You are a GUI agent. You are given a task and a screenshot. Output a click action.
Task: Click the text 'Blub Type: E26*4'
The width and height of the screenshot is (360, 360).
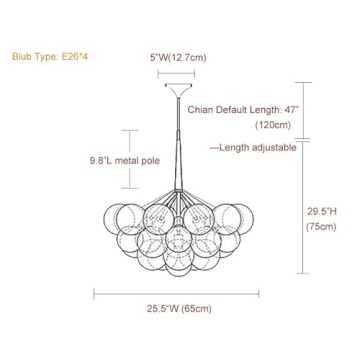coord(47,57)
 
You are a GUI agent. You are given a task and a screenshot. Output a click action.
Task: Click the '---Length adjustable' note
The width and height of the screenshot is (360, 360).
coord(253,147)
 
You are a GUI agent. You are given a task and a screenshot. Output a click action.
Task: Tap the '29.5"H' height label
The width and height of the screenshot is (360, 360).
coord(322,211)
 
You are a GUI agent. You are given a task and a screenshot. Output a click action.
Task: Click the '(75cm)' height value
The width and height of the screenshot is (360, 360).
coord(322,227)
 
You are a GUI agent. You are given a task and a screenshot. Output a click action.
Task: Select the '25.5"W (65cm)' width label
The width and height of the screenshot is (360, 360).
coord(176,309)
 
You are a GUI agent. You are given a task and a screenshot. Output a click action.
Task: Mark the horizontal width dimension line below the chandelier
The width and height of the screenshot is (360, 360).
coord(176,294)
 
